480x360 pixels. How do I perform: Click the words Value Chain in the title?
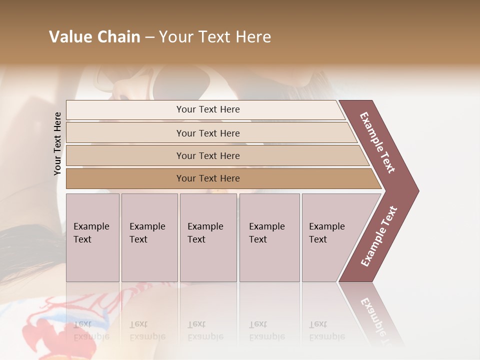[x=94, y=37]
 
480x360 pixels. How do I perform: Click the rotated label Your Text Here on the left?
[x=57, y=143]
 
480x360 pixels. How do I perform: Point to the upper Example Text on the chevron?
[x=377, y=142]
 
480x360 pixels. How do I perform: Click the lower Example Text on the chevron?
[x=378, y=236]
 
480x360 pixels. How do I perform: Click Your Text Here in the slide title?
[x=215, y=37]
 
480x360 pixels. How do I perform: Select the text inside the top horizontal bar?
[x=208, y=109]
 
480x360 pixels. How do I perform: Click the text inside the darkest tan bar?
[x=208, y=178]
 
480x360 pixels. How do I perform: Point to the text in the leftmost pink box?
[x=91, y=232]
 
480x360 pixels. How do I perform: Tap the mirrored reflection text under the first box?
[x=91, y=330]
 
